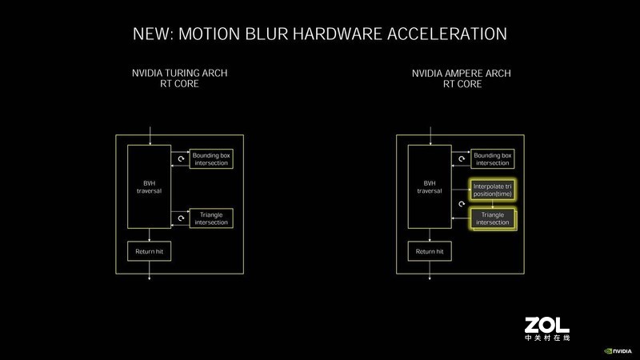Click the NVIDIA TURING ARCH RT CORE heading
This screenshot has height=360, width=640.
(179, 78)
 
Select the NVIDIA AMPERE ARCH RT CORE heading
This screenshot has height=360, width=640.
(461, 78)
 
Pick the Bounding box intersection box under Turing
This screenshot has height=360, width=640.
(210, 158)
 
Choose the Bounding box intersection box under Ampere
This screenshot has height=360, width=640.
(490, 158)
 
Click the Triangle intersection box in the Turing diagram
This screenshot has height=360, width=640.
(210, 218)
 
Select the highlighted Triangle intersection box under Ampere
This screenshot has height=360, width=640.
(492, 218)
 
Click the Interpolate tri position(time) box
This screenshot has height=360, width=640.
(492, 190)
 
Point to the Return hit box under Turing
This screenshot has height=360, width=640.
(149, 251)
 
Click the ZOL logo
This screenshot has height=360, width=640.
(546, 329)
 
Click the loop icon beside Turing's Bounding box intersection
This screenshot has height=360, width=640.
(180, 158)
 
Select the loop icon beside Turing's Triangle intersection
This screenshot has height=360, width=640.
(180, 218)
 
